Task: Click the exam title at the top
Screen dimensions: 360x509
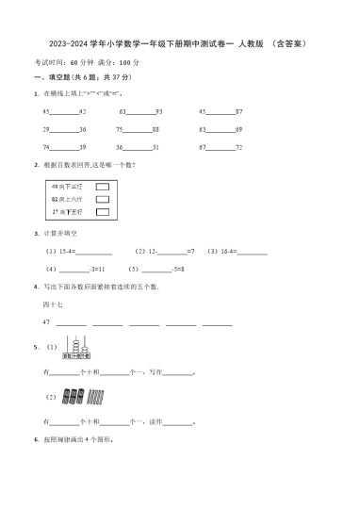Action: click(179, 43)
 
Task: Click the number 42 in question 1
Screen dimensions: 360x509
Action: click(83, 111)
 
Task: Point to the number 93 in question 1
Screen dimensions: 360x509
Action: click(160, 111)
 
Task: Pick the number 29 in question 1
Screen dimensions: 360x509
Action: click(46, 129)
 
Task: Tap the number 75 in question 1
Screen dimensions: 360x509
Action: click(120, 129)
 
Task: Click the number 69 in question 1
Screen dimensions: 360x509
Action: click(239, 129)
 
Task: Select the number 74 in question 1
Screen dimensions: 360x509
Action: click(46, 148)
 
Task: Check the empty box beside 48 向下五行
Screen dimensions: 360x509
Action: click(102, 187)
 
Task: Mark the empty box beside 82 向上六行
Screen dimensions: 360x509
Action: click(102, 200)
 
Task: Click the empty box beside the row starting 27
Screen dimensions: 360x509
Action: click(102, 213)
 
